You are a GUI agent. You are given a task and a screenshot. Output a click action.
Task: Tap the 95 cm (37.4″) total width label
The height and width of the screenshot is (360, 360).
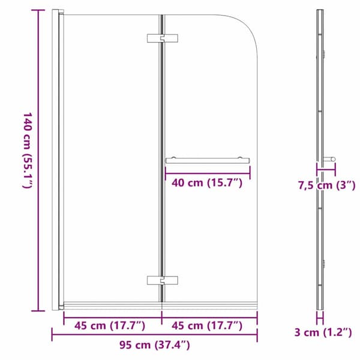pos(155,345)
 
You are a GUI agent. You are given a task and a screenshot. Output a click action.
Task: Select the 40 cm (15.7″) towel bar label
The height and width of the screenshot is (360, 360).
pos(207,183)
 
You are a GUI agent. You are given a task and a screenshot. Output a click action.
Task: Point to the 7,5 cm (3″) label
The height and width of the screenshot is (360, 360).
pos(327,185)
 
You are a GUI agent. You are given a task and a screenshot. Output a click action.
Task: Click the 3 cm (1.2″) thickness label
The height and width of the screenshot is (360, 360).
pos(323,332)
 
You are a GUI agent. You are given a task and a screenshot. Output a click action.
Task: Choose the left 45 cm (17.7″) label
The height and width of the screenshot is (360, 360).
pos(110,326)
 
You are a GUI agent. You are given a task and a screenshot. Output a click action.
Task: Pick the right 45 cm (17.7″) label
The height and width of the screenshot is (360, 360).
pos(207,326)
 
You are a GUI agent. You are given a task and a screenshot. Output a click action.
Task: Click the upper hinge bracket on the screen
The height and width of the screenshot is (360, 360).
pos(163,38)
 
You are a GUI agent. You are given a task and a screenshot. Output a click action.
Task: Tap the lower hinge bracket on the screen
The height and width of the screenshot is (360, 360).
pos(163,280)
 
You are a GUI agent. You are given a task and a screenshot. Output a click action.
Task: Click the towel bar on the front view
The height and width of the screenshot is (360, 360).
pos(208,160)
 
